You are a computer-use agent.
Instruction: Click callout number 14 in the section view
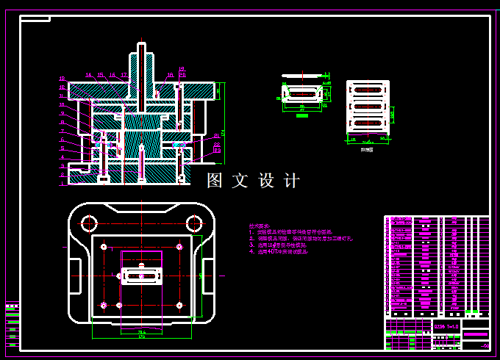coord(88,74)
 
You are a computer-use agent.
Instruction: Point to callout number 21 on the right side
coord(182,74)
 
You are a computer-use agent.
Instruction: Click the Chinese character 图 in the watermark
coord(215,181)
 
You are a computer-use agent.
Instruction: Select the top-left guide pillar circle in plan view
coord(90,223)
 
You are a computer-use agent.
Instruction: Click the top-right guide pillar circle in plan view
coord(194,223)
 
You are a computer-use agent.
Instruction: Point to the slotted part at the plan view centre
coord(142,276)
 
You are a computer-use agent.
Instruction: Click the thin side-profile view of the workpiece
coord(303,75)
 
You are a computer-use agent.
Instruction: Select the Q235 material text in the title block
coord(447,325)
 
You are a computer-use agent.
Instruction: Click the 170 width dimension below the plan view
coord(141,336)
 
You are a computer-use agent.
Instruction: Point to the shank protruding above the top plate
coord(141,62)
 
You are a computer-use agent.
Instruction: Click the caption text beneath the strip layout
coord(367,148)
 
